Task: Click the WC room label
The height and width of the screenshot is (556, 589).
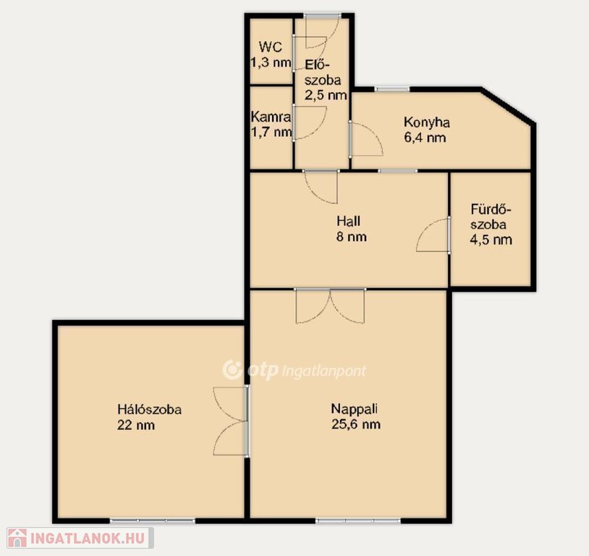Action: pos(270,47)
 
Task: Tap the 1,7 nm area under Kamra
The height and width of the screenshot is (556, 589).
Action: pos(271,132)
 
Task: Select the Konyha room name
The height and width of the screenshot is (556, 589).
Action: pos(427,122)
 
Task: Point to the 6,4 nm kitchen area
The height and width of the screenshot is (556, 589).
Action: pos(425,138)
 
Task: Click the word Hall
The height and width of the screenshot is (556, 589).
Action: pos(348,221)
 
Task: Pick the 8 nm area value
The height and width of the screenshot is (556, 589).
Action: pos(351,237)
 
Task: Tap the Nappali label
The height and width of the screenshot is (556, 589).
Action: pos(355,409)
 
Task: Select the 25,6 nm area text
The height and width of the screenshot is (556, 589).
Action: pos(356,424)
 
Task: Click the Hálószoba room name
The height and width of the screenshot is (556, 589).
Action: pos(150,409)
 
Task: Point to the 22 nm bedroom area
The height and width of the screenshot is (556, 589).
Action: pos(136,425)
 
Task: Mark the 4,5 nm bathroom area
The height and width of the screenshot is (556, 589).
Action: pos(491,240)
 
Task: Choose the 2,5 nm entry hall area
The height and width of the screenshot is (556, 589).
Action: pos(326,95)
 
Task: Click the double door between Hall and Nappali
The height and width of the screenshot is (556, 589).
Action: pos(330,306)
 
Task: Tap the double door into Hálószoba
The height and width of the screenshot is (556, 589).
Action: pos(231,421)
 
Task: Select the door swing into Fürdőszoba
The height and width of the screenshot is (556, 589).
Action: pos(433,235)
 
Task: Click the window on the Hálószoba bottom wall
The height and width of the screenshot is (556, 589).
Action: pos(153,521)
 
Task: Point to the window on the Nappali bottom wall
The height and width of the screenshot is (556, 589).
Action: pos(358,521)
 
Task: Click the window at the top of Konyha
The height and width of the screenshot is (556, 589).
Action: pos(391,89)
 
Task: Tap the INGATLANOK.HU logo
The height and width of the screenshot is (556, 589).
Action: pos(80,538)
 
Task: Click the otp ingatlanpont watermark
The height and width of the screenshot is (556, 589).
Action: pos(294,370)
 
